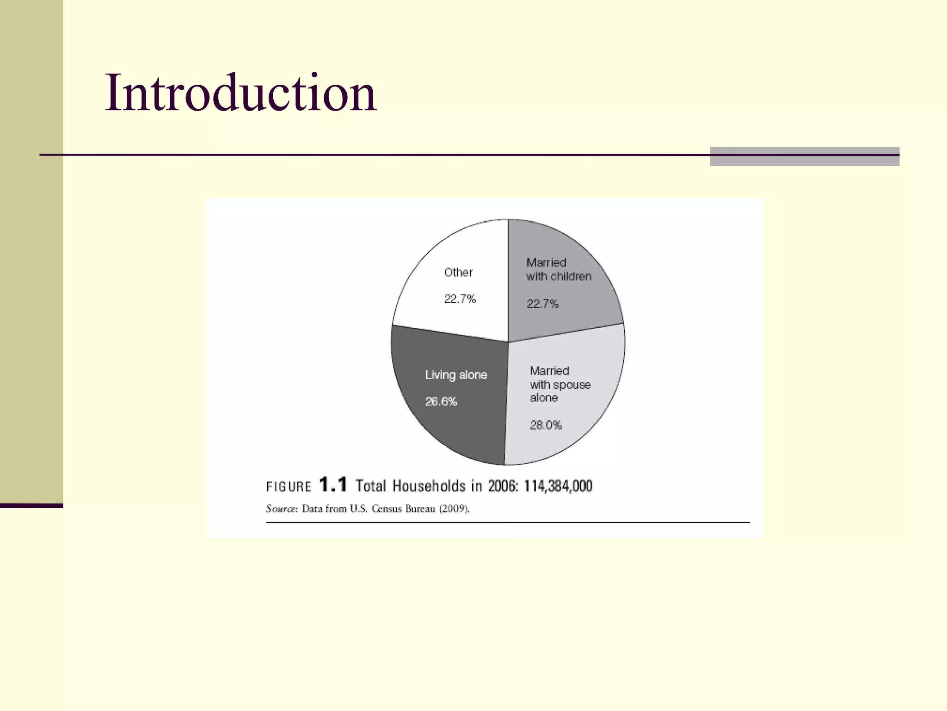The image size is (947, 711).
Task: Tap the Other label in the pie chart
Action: (458, 272)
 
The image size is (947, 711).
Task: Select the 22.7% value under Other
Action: (460, 299)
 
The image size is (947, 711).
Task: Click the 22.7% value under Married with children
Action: (542, 304)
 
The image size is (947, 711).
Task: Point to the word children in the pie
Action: (571, 277)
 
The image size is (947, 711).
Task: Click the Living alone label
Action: (456, 375)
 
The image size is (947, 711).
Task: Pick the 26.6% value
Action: (441, 401)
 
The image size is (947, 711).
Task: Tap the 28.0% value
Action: (546, 425)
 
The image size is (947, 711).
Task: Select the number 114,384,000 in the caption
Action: (558, 486)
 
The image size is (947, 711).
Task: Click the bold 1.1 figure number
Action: (333, 485)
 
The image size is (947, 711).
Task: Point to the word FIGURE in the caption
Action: (289, 487)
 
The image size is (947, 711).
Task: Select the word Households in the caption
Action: (429, 486)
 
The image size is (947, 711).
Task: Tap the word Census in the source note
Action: (387, 509)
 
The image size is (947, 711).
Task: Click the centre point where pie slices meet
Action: (508, 342)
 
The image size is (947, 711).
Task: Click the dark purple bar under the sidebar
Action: (31, 505)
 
